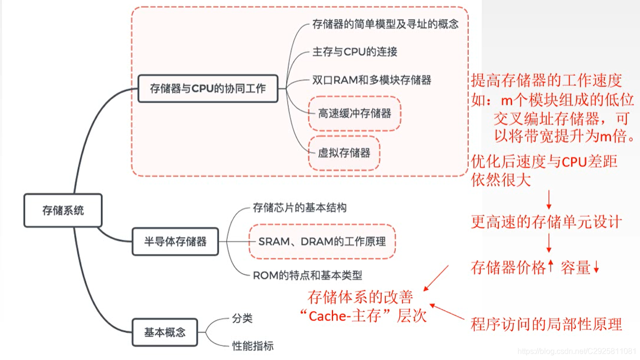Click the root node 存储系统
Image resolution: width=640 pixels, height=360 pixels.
click(x=63, y=210)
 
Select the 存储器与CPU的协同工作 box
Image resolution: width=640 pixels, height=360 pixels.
click(x=208, y=88)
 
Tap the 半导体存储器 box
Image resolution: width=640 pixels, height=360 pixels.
click(x=175, y=241)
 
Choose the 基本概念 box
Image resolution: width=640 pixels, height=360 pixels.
click(x=164, y=332)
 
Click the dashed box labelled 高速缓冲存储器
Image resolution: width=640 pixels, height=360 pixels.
click(x=354, y=113)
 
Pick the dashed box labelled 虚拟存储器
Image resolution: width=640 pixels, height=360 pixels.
click(x=344, y=153)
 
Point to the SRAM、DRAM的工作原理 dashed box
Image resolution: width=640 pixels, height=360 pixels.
click(x=322, y=241)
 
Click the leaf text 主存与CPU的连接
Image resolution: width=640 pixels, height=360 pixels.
click(x=354, y=52)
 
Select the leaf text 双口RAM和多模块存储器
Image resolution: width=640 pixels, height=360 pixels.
click(x=371, y=80)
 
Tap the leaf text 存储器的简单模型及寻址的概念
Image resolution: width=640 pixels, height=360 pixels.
click(x=385, y=24)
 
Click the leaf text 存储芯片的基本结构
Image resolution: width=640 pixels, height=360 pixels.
click(x=300, y=208)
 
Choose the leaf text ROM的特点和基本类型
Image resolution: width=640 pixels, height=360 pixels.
click(x=307, y=276)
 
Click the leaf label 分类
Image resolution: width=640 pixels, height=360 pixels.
click(x=242, y=318)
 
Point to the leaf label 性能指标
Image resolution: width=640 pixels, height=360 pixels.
click(x=253, y=346)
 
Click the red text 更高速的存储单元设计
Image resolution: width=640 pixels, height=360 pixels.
click(x=546, y=222)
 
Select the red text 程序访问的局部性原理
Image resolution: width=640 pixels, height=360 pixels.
click(x=546, y=324)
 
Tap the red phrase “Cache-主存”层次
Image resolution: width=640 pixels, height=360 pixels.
click(x=363, y=316)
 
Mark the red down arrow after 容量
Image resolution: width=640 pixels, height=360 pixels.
click(x=596, y=267)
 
